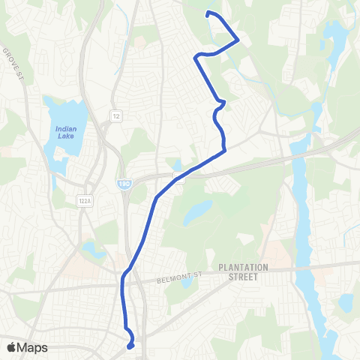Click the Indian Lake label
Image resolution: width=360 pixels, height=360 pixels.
click(x=66, y=132)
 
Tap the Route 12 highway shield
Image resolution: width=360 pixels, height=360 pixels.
click(x=116, y=116)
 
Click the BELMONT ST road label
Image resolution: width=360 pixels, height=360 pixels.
click(x=176, y=279)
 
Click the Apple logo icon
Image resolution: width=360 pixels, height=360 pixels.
click(x=10, y=347)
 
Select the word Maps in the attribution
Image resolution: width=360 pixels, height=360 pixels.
click(x=33, y=347)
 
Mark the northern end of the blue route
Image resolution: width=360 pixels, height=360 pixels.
click(x=208, y=13)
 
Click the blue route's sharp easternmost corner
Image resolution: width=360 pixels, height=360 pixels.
click(x=238, y=40)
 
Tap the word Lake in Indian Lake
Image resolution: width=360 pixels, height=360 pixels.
click(x=66, y=136)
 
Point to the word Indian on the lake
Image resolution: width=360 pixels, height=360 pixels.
click(x=66, y=128)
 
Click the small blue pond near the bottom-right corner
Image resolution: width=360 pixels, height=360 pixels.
click(x=345, y=303)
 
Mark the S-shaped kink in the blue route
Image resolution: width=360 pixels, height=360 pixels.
click(x=219, y=109)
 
